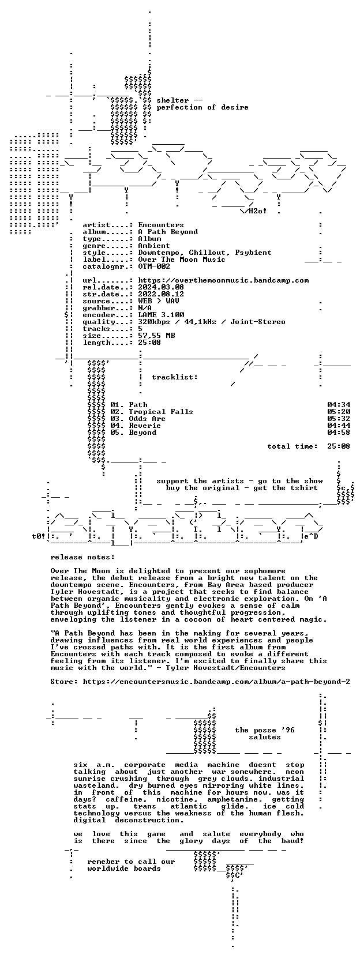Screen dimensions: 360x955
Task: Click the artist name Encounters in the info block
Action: click(x=161, y=225)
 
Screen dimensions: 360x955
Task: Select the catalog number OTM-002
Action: click(x=154, y=266)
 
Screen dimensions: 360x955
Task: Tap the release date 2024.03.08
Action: click(x=161, y=287)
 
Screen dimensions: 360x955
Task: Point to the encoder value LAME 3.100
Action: click(x=161, y=315)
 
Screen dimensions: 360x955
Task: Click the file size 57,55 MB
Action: click(x=156, y=336)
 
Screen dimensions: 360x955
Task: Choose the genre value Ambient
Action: click(x=154, y=246)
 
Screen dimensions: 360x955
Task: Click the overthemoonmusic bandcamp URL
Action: click(x=223, y=280)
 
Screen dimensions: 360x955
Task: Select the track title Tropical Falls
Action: click(x=161, y=412)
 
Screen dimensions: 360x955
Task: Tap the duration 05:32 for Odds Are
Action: click(x=339, y=419)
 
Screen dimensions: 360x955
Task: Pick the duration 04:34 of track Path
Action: click(x=339, y=405)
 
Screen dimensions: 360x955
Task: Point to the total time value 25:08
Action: click(x=339, y=446)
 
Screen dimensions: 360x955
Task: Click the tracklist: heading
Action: click(x=175, y=377)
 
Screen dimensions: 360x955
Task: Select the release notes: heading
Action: click(x=82, y=557)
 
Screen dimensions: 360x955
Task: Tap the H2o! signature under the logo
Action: click(x=258, y=211)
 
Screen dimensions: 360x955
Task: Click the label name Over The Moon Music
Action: click(x=182, y=260)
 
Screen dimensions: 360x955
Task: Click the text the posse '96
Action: click(x=265, y=730)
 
